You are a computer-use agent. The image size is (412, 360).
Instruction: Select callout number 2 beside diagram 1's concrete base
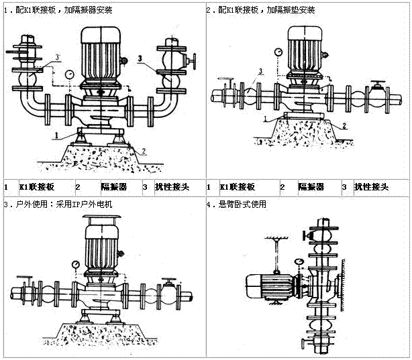tap(144, 152)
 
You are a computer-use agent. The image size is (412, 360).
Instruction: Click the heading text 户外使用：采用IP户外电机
tap(61, 204)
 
